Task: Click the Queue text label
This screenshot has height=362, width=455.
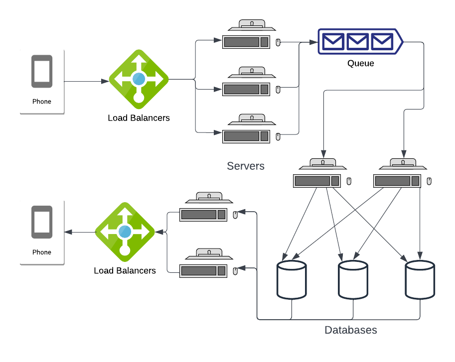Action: click(x=360, y=63)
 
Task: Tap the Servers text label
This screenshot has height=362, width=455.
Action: click(x=246, y=166)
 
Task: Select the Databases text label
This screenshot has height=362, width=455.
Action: click(x=350, y=330)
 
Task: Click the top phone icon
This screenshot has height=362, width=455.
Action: click(x=42, y=71)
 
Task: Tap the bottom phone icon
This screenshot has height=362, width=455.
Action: click(x=42, y=222)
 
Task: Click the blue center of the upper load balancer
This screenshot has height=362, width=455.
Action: click(x=139, y=79)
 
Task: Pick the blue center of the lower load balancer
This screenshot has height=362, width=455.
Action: click(x=125, y=232)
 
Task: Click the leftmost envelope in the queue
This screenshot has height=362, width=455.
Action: click(x=333, y=41)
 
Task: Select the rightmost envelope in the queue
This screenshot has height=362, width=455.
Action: click(x=382, y=41)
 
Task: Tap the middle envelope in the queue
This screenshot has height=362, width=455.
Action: click(x=357, y=41)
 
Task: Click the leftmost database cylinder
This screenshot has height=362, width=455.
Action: click(x=292, y=280)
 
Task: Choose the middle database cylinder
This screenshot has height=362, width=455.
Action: click(x=353, y=280)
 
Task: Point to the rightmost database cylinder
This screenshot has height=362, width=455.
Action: click(x=420, y=280)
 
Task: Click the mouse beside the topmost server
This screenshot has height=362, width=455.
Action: click(x=278, y=42)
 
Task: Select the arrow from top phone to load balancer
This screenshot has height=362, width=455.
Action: click(x=87, y=82)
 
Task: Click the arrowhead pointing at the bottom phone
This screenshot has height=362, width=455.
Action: click(x=68, y=232)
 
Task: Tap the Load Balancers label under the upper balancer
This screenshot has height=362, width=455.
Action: click(x=139, y=118)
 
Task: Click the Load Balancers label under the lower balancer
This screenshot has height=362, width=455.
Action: click(x=125, y=271)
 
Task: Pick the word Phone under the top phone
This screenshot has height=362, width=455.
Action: click(x=42, y=102)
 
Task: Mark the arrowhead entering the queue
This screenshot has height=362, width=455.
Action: click(x=313, y=42)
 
